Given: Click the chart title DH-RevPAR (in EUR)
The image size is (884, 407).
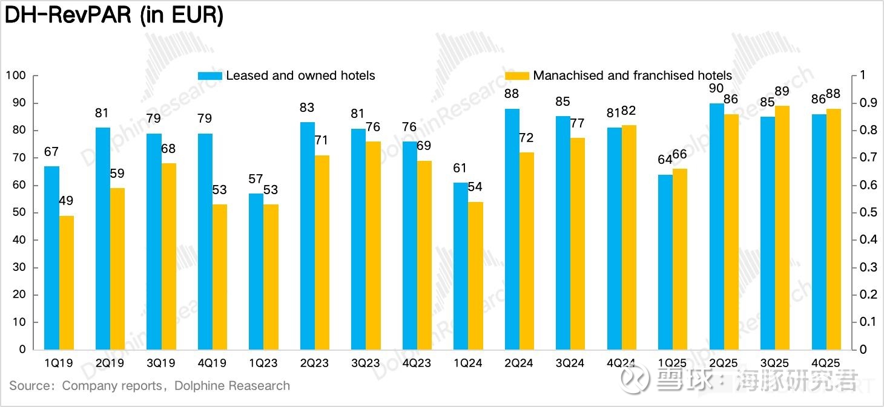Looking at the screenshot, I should [x=114, y=16].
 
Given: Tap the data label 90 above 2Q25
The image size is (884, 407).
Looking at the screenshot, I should [x=716, y=88].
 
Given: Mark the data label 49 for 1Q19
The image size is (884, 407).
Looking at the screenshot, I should [x=67, y=201].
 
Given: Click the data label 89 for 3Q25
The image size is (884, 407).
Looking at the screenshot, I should [x=782, y=91].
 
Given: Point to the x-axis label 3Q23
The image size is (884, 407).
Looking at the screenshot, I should [x=365, y=363].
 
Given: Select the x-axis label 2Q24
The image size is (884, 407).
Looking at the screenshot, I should [x=519, y=363].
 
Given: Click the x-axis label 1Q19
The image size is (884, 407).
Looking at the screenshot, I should [x=59, y=363].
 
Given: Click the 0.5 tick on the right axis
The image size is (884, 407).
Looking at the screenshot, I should [x=868, y=212].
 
